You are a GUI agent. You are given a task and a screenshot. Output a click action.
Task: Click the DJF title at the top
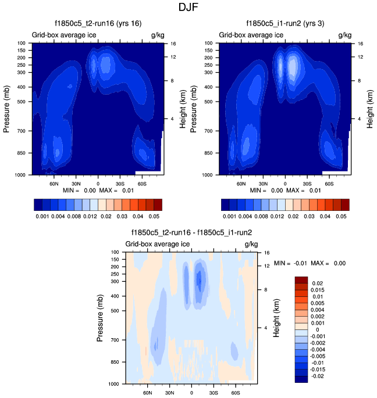[x=188, y=8]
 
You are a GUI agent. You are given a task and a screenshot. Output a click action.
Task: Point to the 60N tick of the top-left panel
[x=54, y=182]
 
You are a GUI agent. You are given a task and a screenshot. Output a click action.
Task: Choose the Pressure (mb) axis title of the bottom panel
[x=99, y=317]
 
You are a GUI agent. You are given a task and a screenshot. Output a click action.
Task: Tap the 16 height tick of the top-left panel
[x=172, y=44]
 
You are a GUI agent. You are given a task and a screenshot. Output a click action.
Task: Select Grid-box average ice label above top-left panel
[x=64, y=35]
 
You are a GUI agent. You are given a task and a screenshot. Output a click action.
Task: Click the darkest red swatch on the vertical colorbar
[x=301, y=280]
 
